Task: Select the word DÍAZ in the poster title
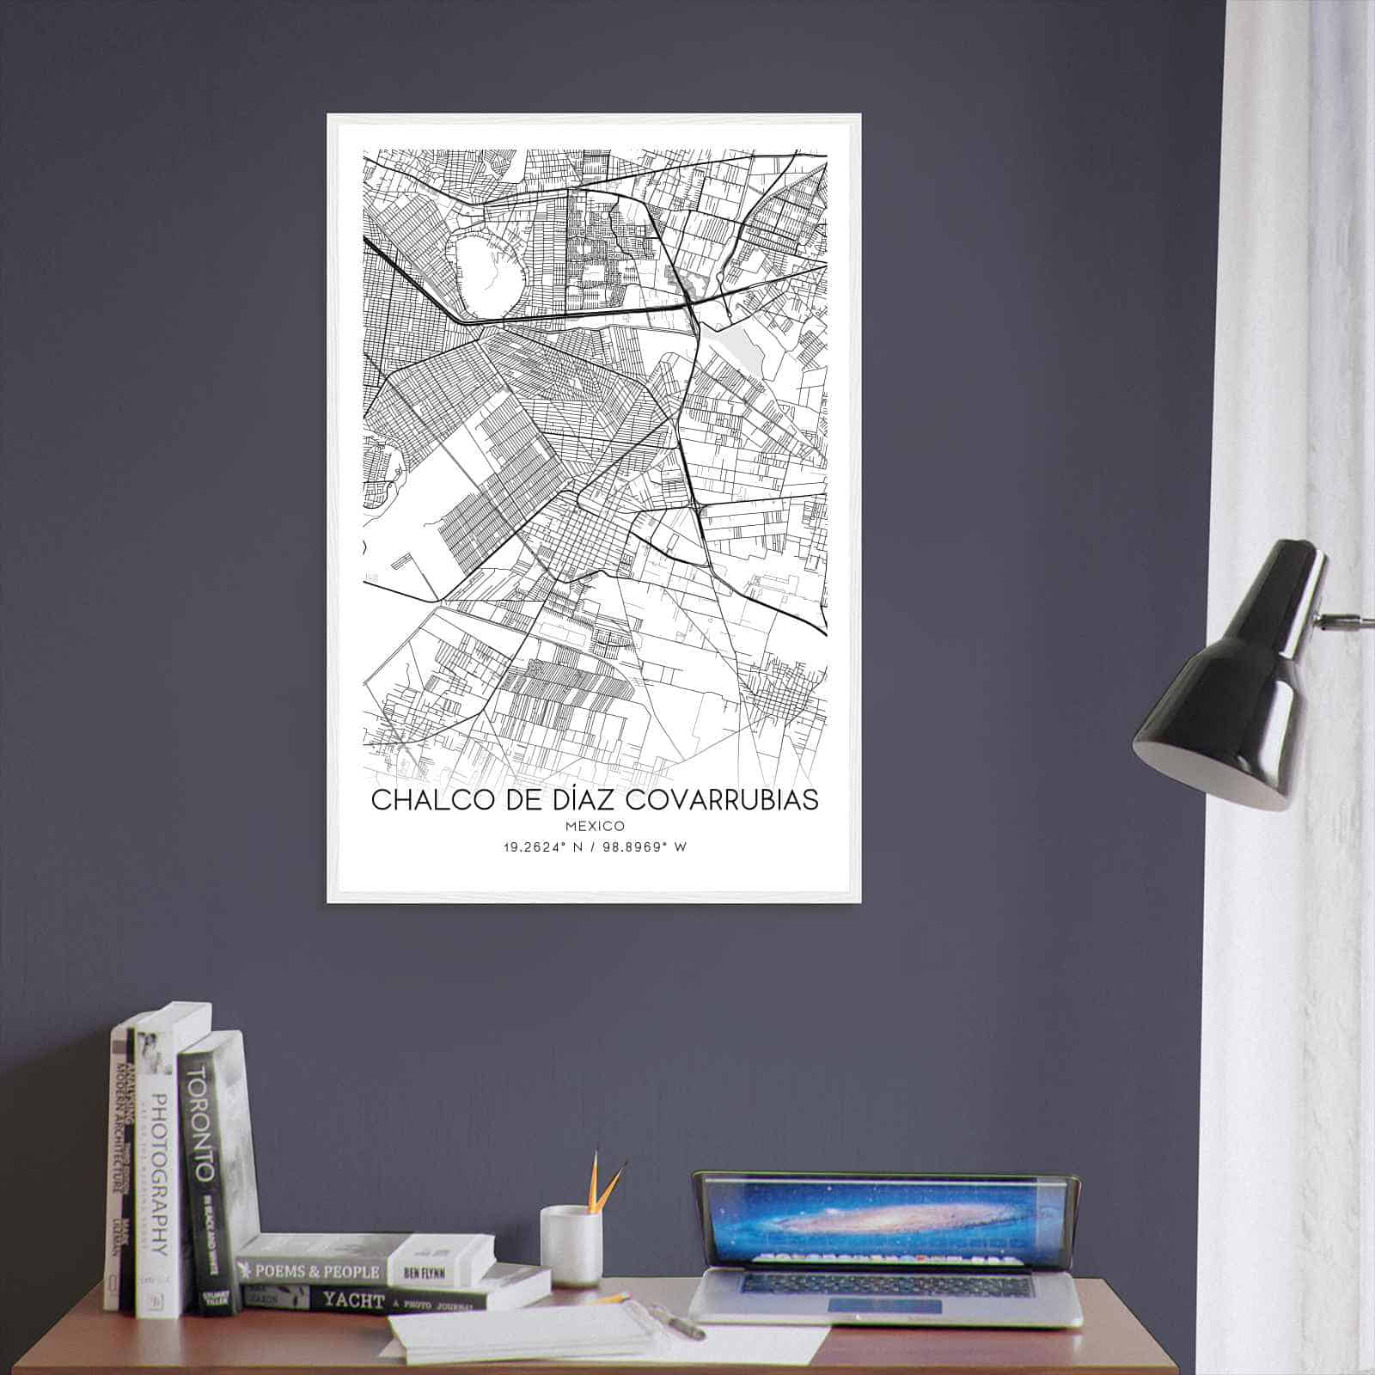click(x=592, y=800)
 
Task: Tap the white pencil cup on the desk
click(x=569, y=1244)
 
